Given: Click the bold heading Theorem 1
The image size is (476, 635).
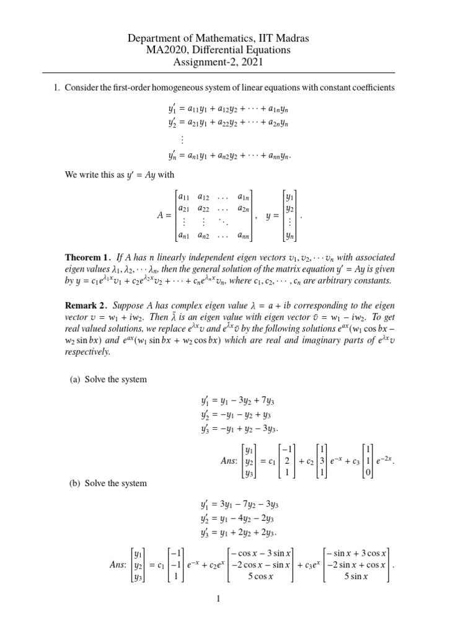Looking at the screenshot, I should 89,257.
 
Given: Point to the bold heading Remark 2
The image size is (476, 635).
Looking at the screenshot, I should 87,306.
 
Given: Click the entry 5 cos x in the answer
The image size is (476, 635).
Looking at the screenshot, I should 261,577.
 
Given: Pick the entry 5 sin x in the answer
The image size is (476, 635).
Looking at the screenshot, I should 356,577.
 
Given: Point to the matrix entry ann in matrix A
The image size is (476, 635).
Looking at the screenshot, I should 245,235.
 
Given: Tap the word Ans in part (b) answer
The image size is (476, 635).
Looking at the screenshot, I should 118,564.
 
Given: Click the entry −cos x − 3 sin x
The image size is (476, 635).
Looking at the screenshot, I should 261,553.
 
